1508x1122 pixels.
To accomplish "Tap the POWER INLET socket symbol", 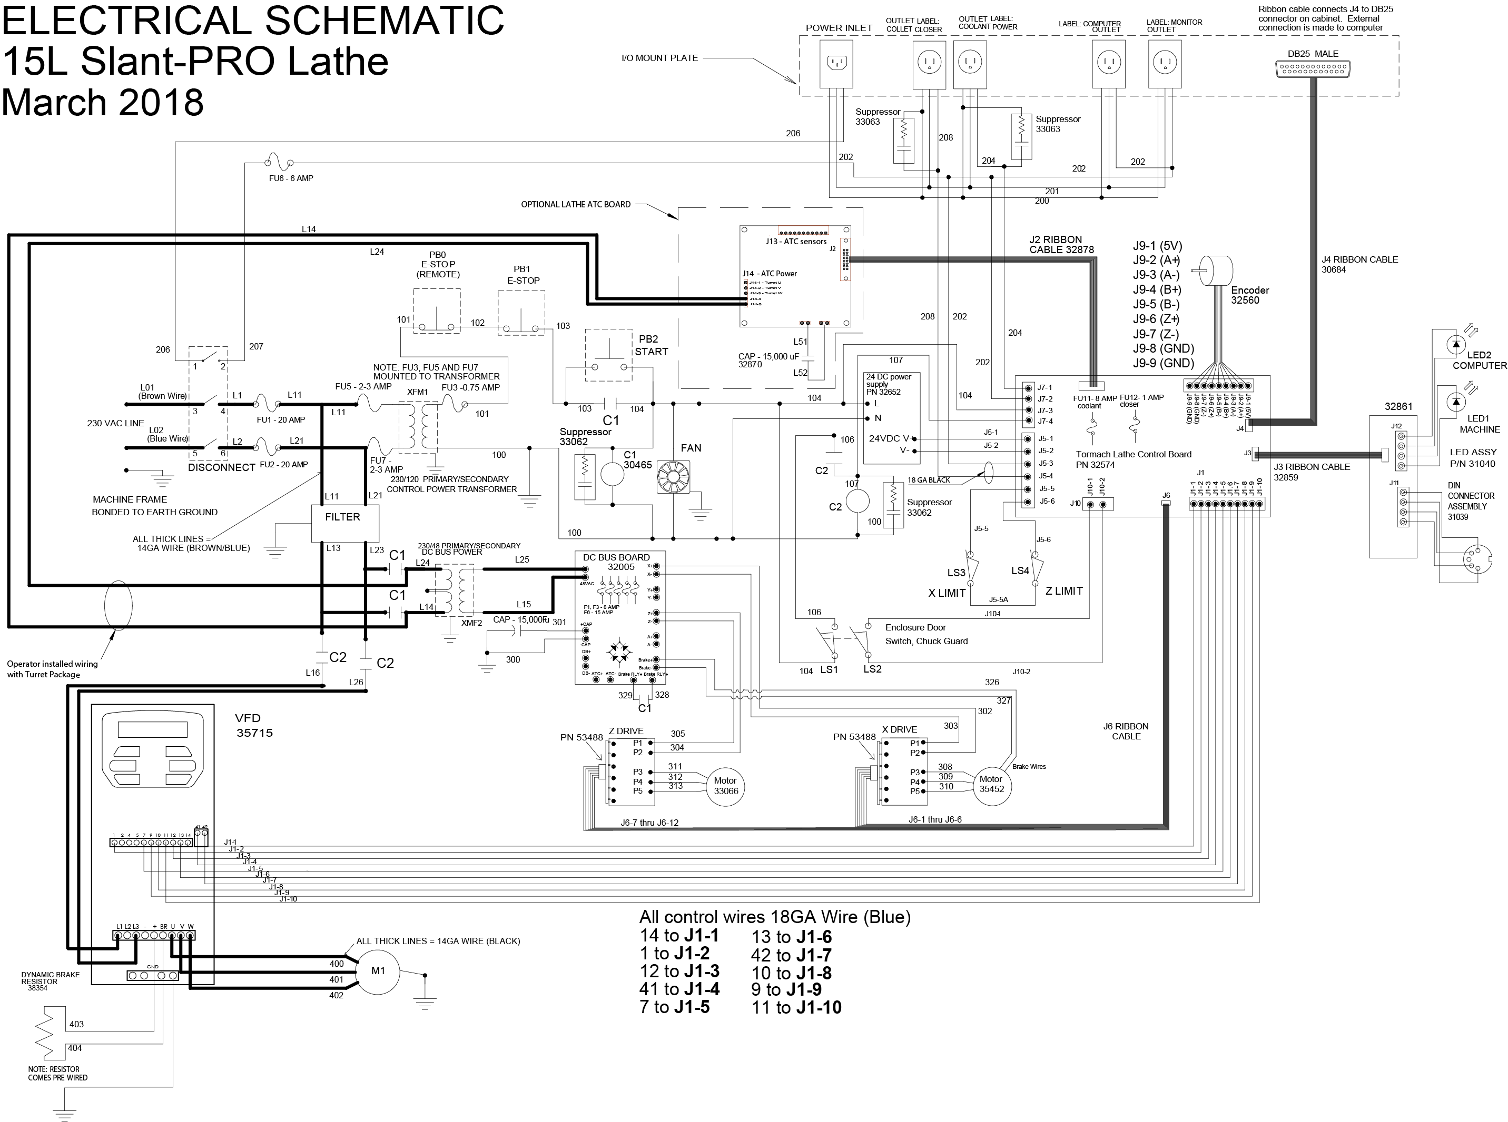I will (x=835, y=63).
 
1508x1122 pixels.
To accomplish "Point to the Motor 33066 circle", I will (x=726, y=786).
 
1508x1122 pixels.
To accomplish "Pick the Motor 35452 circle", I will (x=991, y=785).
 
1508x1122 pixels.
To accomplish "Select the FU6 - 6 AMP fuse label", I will (x=291, y=178).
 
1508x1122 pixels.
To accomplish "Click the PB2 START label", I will (x=651, y=345).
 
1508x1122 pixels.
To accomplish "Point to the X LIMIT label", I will (x=947, y=593).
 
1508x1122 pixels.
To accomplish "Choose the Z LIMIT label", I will (x=1063, y=591).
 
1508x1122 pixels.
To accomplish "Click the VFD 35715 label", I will (x=254, y=725).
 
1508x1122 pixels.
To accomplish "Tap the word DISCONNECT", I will (x=222, y=468).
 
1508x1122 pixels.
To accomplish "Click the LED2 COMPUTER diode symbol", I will (x=1455, y=344).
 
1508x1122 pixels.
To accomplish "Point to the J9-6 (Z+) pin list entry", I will (x=1156, y=319).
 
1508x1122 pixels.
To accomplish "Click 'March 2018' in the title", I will (x=103, y=102).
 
